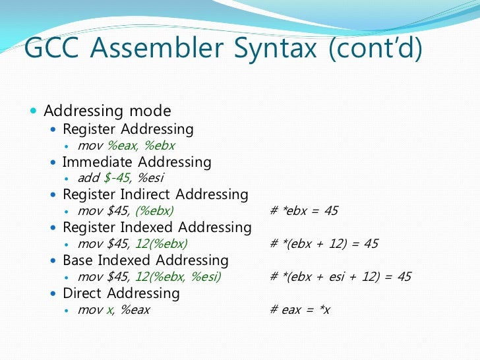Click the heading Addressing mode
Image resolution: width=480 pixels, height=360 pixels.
click(107, 111)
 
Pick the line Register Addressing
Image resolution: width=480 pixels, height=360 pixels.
click(128, 129)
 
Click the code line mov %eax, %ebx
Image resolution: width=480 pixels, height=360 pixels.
click(126, 145)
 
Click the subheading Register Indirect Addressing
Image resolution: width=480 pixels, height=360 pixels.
click(155, 195)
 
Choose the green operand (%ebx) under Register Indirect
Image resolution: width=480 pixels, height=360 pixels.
click(154, 211)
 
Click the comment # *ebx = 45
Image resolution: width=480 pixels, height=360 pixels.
click(304, 211)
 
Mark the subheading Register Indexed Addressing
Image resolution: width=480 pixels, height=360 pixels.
click(157, 227)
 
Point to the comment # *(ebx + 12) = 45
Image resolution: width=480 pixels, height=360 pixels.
click(324, 244)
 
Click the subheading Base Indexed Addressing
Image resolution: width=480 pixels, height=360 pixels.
click(145, 260)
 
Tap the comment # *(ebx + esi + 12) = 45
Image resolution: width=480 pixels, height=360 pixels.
click(340, 277)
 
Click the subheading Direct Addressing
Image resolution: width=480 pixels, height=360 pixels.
click(121, 293)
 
